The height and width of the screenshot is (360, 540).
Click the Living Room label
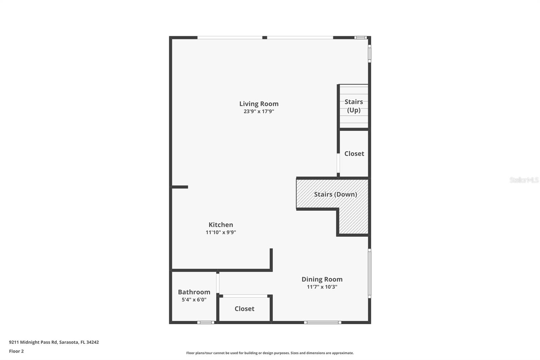point(259,104)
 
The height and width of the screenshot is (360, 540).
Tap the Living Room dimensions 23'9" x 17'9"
point(259,111)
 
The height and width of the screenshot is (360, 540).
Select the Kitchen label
point(221,225)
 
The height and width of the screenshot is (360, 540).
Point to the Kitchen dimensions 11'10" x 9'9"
point(221,232)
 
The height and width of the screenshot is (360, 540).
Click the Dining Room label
point(322,279)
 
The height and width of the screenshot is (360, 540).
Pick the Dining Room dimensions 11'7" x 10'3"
point(322,287)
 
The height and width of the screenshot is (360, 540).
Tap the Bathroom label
point(194,292)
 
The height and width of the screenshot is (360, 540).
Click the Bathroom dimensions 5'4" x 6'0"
point(194,300)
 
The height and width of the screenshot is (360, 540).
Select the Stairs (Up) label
point(354,106)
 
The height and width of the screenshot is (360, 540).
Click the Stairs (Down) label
point(335,194)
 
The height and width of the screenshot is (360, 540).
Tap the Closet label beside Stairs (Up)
point(354,154)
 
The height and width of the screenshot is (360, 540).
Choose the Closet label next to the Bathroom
point(244,309)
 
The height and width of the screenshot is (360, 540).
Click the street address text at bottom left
point(54,342)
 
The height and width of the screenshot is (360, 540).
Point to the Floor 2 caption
point(16,351)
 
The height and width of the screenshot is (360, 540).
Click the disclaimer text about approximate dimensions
point(270,353)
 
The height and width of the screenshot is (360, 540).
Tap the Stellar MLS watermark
point(524,180)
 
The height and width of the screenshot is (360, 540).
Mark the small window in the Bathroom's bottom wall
point(206,323)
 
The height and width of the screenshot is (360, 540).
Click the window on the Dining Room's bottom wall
point(322,323)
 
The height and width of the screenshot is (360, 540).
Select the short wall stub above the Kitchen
point(180,187)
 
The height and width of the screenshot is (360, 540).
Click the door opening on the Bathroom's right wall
point(218,283)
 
